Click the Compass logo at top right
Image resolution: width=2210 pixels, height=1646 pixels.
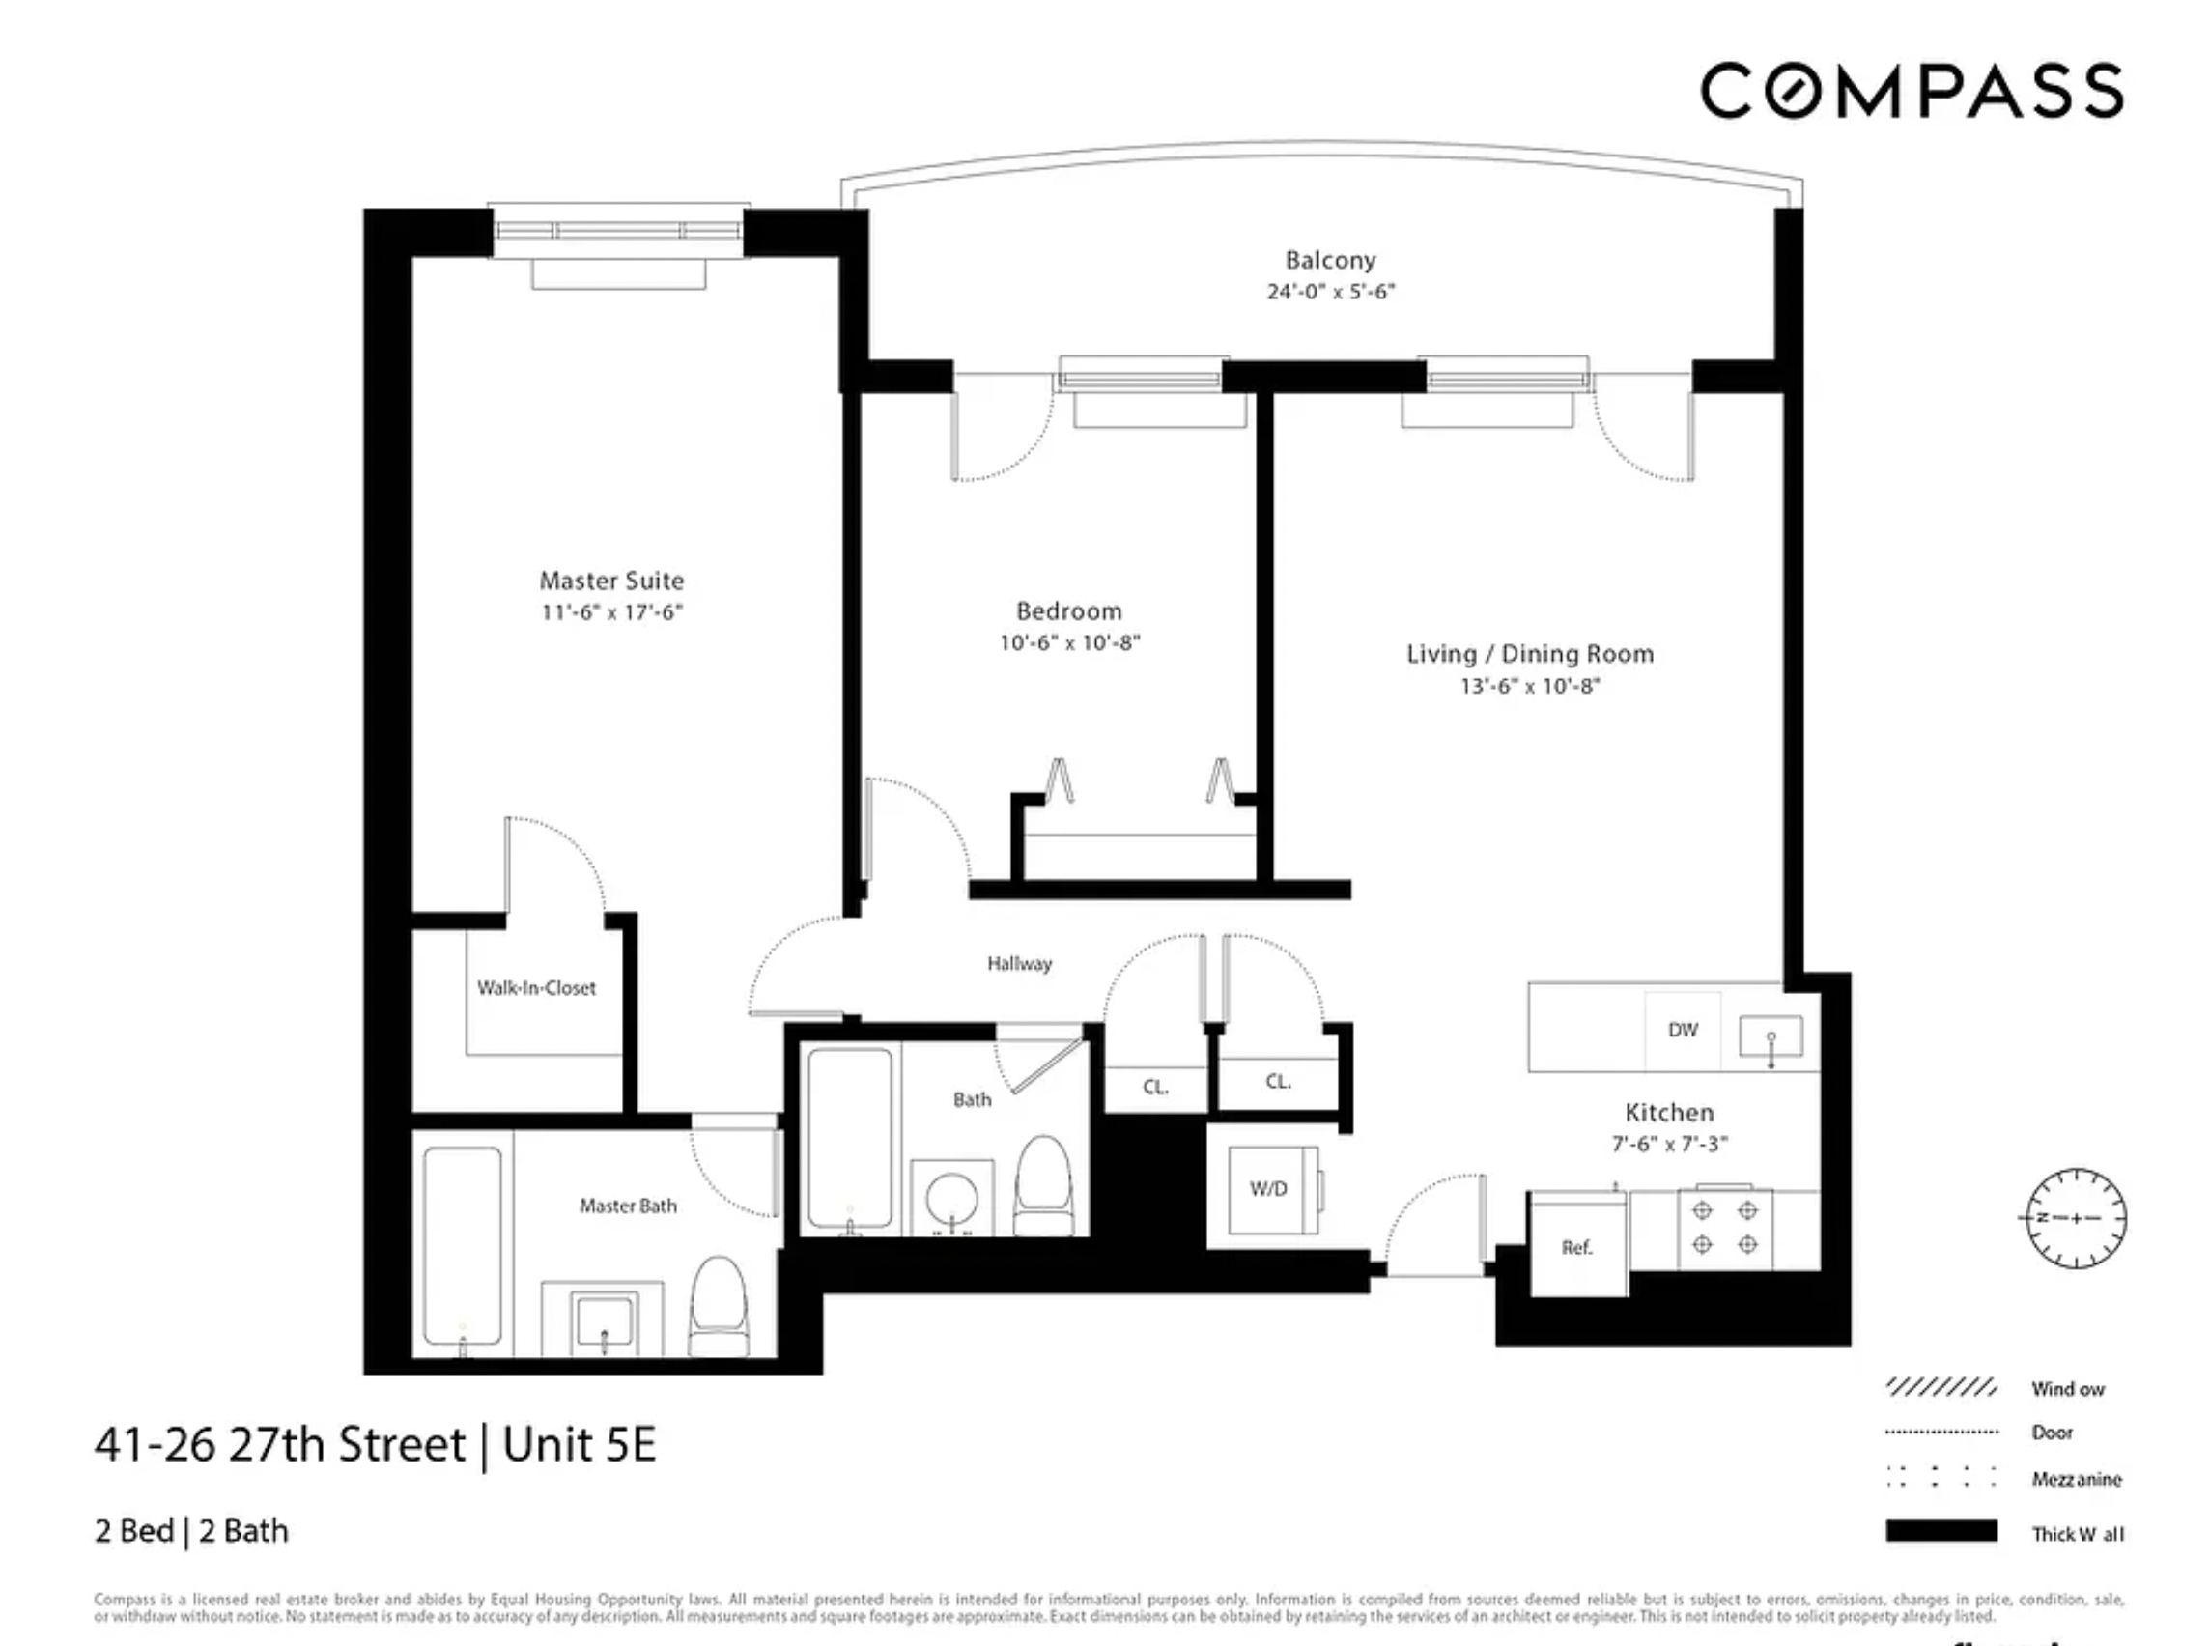click(1912, 91)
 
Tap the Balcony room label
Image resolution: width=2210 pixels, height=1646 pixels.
click(1330, 260)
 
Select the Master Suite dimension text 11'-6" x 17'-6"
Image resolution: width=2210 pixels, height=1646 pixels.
click(611, 612)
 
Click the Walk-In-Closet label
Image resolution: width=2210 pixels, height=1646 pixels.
click(536, 988)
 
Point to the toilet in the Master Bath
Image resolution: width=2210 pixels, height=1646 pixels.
click(719, 1306)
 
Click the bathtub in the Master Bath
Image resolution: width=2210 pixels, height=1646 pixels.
click(463, 1245)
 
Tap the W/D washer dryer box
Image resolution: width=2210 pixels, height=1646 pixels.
click(1268, 1189)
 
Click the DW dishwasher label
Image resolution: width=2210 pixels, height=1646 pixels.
click(1682, 1031)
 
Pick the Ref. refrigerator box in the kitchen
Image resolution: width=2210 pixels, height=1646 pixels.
click(1576, 1246)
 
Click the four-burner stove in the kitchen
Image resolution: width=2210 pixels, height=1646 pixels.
click(1725, 1228)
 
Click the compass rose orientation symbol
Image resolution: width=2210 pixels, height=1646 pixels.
click(2077, 1218)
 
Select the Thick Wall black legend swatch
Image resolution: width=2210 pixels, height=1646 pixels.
click(1941, 1531)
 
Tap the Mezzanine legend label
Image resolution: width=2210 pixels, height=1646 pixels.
click(2077, 1480)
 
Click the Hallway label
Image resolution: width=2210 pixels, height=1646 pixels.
click(1019, 963)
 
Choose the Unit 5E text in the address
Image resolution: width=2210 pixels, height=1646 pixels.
click(579, 1445)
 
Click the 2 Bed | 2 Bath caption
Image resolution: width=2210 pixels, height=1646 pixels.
click(191, 1530)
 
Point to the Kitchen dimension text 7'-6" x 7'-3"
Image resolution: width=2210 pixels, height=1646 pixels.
click(1669, 1144)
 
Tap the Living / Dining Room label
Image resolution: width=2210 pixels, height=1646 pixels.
click(1529, 655)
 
